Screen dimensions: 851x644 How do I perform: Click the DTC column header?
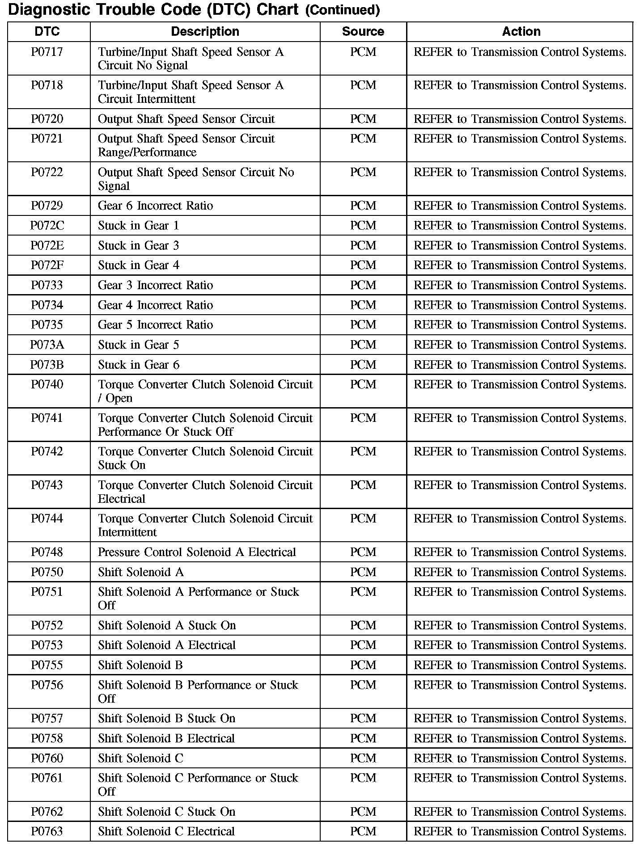coord(47,31)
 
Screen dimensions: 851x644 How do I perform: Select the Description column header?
coord(205,31)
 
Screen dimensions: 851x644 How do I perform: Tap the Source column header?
coord(363,31)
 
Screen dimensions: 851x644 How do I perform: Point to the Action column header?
coord(521,31)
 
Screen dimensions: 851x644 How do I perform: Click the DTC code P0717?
coord(47,52)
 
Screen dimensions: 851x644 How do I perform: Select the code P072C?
coord(47,226)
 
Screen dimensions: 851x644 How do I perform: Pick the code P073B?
coord(47,365)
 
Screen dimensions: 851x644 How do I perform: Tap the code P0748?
coord(47,552)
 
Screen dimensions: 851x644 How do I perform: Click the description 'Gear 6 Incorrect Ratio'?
coord(155,206)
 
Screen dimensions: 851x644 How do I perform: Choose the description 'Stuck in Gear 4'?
coord(139,265)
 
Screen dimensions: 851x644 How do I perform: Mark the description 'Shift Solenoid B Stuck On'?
coord(166,719)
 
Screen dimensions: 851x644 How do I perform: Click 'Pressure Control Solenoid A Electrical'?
coord(197,552)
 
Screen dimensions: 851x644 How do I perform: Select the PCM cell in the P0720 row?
coord(363,119)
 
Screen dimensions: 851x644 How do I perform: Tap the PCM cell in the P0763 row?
coord(363,832)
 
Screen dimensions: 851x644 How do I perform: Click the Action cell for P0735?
coord(520,325)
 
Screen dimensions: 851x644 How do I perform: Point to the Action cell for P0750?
coord(520,573)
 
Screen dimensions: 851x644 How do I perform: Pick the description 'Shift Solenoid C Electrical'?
coord(166,832)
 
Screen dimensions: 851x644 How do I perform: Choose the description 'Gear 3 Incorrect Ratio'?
coord(155,286)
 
